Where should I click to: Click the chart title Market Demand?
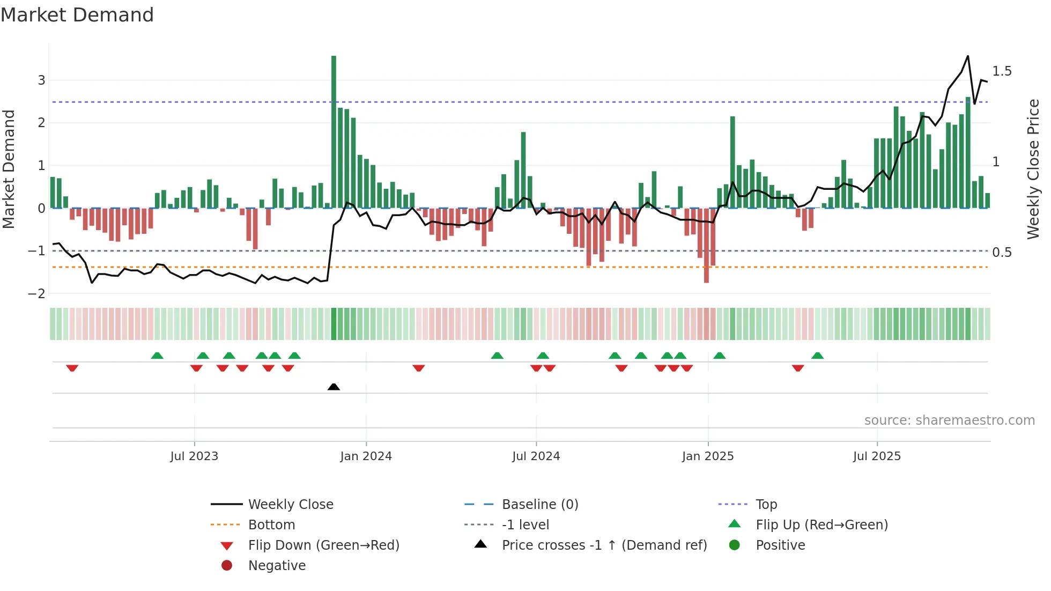(77, 15)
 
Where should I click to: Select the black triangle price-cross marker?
(334, 387)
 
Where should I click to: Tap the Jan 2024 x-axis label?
(366, 456)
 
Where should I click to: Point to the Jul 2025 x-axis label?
(877, 456)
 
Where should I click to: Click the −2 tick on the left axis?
(37, 294)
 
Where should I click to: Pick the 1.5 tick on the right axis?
(1001, 71)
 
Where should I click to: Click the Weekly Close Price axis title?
(1033, 169)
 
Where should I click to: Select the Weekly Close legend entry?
(290, 505)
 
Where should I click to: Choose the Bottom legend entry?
(271, 525)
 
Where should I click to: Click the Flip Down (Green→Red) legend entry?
(323, 545)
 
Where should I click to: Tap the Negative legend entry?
(277, 566)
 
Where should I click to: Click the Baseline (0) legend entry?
(539, 505)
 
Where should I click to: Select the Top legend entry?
(766, 505)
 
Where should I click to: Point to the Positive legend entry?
(780, 545)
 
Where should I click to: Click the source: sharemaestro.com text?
(949, 420)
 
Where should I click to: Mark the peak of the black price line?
(968, 56)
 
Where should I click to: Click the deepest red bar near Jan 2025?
(706, 247)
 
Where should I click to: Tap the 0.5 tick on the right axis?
(1001, 253)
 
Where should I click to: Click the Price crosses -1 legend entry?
(604, 545)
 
